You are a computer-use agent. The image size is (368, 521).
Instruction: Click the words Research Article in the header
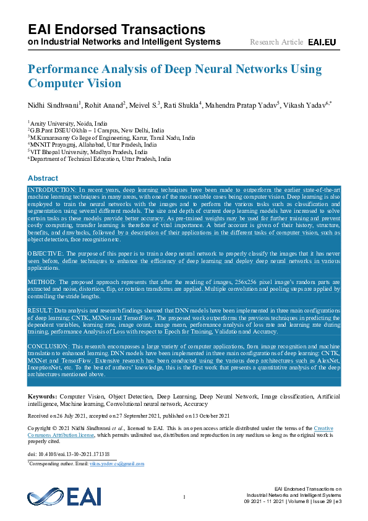click(x=276, y=42)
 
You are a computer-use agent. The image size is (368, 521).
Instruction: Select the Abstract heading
click(x=43, y=178)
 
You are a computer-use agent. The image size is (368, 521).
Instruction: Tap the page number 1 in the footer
click(x=184, y=497)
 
